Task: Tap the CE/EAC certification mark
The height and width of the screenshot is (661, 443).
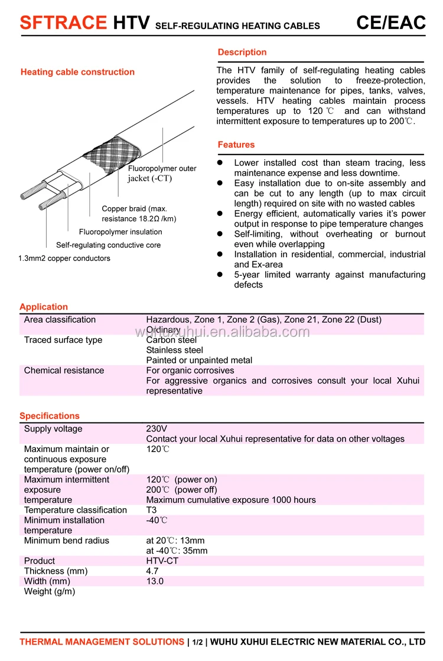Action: tap(390, 22)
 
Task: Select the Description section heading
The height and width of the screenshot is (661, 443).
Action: tap(242, 53)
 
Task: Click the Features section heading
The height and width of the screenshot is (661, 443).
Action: tap(236, 145)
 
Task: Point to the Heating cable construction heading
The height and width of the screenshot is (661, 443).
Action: tap(77, 72)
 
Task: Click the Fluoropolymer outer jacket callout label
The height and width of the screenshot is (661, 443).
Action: tap(162, 174)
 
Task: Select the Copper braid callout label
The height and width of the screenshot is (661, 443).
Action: tap(139, 214)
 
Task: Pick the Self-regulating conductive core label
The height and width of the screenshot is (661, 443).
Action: tap(108, 245)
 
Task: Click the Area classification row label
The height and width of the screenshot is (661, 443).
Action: tap(60, 320)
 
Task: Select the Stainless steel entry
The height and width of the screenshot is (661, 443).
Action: tap(174, 350)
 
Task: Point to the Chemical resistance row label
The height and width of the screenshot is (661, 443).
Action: tap(64, 371)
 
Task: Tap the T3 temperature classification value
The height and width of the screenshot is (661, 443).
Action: tap(152, 511)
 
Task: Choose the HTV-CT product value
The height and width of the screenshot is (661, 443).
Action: tap(162, 561)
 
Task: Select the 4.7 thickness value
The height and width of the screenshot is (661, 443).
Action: tap(152, 571)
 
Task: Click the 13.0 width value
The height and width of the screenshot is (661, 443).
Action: tap(155, 581)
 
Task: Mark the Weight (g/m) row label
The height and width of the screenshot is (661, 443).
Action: tap(50, 591)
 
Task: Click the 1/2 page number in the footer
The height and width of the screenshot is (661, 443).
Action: tap(198, 642)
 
